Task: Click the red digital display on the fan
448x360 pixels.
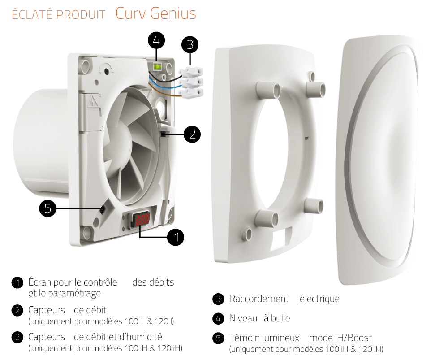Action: pos(142,220)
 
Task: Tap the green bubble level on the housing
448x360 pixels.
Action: pos(157,67)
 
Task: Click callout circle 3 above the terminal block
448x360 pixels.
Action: pos(190,45)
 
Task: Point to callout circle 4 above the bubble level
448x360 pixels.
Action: pos(156,41)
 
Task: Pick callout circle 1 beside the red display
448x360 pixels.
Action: pos(176,237)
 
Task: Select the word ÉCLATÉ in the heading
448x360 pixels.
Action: pos(33,15)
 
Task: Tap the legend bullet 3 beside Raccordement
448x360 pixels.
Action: pos(218,299)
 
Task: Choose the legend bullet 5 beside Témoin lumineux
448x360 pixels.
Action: pos(218,338)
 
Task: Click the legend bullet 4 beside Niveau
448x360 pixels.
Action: pos(218,319)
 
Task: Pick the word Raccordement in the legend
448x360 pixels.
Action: pos(259,299)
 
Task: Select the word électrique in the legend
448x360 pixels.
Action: pos(319,299)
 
